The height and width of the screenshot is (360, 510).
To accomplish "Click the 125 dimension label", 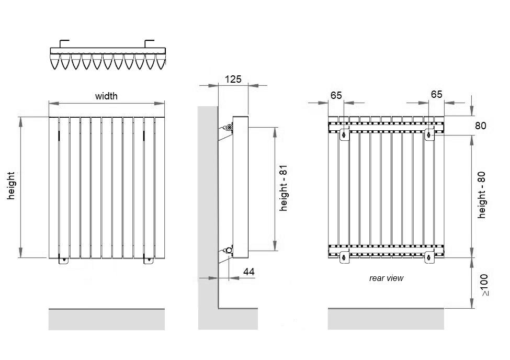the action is coord(233,80).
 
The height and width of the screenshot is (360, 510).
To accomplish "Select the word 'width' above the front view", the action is coord(106,96).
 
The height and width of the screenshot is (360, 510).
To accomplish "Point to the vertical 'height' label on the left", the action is coord(11,186).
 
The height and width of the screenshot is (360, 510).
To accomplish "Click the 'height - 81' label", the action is coord(284,186).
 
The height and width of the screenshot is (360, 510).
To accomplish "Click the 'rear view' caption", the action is coord(386,278).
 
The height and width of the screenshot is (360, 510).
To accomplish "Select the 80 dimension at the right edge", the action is coord(481,126).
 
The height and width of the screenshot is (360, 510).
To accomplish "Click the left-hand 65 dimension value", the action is coord(336,95).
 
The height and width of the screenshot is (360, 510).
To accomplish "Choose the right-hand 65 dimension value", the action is coord(436,95).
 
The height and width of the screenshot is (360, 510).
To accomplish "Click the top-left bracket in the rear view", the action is coord(343,134).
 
